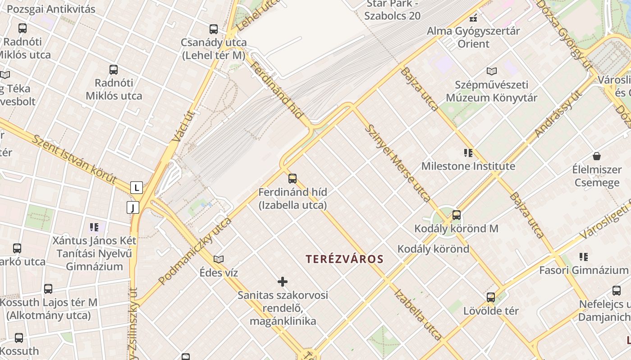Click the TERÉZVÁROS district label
click(x=344, y=259)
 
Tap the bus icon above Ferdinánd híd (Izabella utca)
click(x=293, y=179)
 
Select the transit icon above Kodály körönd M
click(x=457, y=215)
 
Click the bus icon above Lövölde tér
click(x=491, y=297)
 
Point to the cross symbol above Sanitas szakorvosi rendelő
click(x=283, y=282)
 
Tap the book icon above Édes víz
click(x=219, y=259)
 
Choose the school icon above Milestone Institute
click(x=468, y=153)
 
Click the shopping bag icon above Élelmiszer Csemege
click(x=597, y=156)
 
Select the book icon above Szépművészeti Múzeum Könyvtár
click(x=492, y=71)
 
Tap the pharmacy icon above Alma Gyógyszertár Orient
click(x=473, y=18)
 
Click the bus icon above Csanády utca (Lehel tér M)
click(x=214, y=29)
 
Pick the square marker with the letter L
click(x=137, y=188)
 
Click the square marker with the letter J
click(x=133, y=207)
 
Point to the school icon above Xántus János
click(x=94, y=227)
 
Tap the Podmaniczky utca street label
click(x=195, y=251)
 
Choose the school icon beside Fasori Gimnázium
click(x=584, y=257)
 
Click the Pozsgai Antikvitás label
click(x=51, y=9)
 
